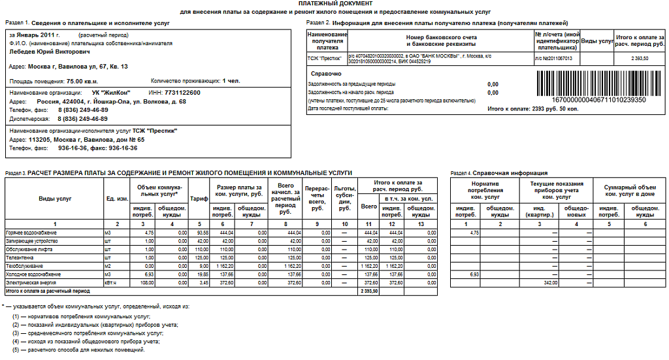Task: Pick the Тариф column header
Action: click(x=195, y=197)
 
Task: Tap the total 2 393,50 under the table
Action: click(x=369, y=291)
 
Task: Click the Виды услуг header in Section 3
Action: click(x=55, y=197)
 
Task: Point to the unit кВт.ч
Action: click(x=109, y=283)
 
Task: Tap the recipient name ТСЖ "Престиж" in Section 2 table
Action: click(x=324, y=59)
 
